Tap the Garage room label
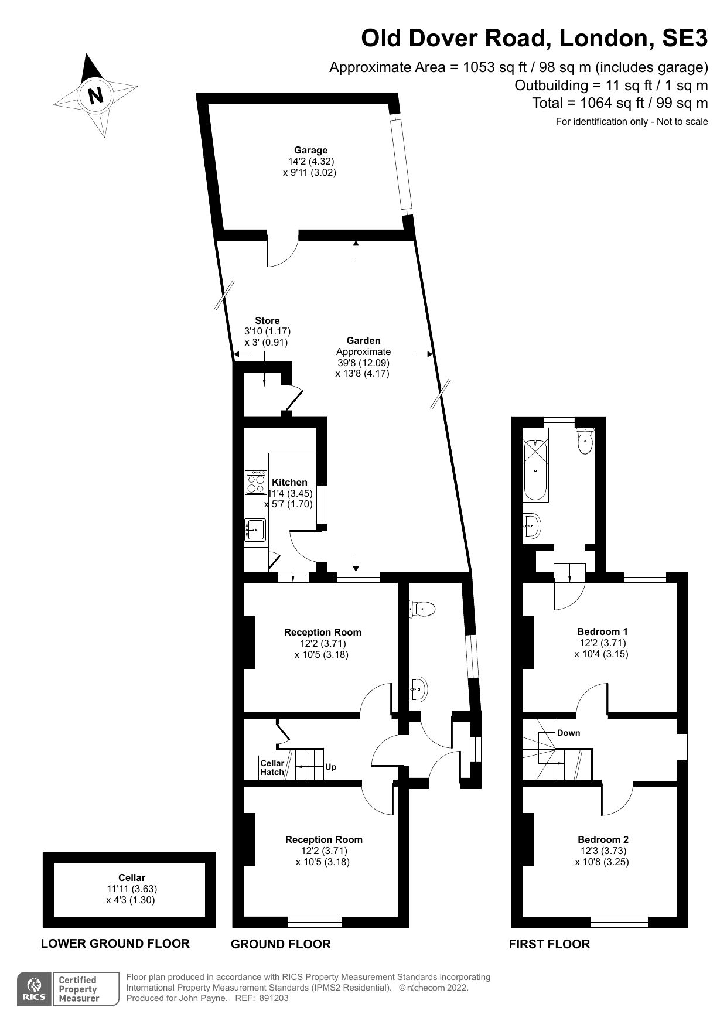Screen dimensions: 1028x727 (310, 150)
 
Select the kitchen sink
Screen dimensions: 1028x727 (255, 530)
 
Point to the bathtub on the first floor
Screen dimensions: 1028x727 (535, 469)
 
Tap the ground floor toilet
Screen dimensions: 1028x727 (423, 609)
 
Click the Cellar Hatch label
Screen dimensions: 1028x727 (272, 767)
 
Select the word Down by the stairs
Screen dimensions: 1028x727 (568, 733)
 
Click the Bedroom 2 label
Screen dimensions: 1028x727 (603, 839)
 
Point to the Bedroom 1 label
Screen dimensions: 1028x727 (602, 631)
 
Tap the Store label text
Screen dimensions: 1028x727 (267, 320)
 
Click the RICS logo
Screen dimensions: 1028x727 (34, 989)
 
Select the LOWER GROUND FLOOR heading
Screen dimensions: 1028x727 (115, 943)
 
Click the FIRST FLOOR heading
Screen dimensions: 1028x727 (549, 944)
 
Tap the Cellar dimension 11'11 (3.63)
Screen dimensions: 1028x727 (132, 889)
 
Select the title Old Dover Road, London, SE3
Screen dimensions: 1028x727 (534, 39)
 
